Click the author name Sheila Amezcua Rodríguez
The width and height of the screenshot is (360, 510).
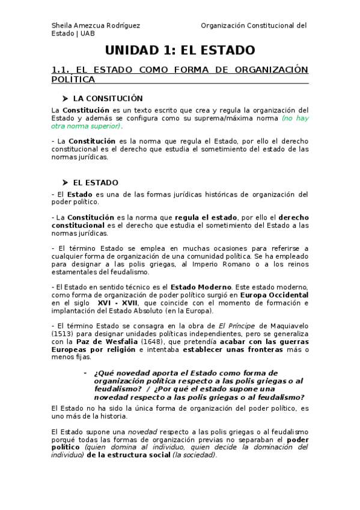pyautogui.click(x=96, y=25)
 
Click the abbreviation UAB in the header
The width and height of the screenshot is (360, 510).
pyautogui.click(x=87, y=34)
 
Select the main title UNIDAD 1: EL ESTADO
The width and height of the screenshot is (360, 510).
pyautogui.click(x=180, y=51)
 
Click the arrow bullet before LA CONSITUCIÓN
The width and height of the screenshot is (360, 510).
pyautogui.click(x=65, y=98)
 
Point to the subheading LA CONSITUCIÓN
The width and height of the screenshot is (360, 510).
pyautogui.click(x=108, y=98)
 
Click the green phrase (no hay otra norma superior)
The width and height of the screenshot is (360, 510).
pyautogui.click(x=294, y=118)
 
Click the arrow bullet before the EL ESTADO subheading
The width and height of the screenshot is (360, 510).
pyautogui.click(x=65, y=182)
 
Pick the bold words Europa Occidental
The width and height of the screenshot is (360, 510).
pyautogui.click(x=274, y=295)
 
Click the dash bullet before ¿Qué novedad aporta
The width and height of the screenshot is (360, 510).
pyautogui.click(x=85, y=373)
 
